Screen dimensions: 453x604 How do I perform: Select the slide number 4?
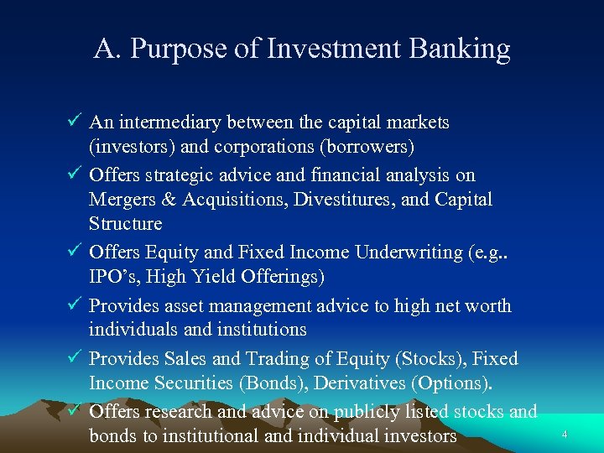(565, 435)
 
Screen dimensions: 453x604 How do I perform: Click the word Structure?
(125, 223)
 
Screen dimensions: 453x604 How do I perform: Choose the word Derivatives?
(369, 383)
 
